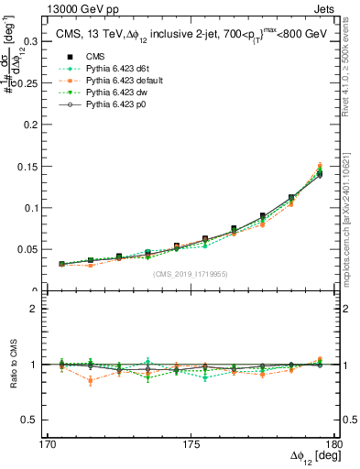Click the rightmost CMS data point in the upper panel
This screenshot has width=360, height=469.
pos(319,174)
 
